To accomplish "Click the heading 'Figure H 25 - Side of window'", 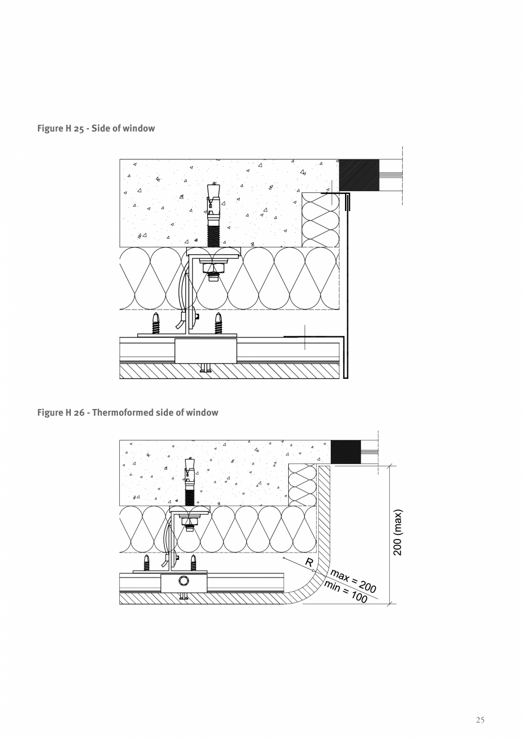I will tap(96, 128).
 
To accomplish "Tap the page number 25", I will tap(480, 720).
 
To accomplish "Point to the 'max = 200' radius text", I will tap(353, 580).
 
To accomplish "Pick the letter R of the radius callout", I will tap(309, 563).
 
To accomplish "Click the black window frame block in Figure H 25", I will tap(359, 175).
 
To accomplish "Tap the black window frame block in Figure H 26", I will tap(346, 452).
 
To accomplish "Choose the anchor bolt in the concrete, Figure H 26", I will tap(190, 481).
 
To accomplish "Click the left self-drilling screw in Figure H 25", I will tap(155, 323).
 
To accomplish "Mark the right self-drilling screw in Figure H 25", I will tap(218, 323).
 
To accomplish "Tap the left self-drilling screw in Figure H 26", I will tap(146, 563).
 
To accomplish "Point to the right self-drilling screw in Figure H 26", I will tap(193, 563).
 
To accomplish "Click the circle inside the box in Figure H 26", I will tap(184, 581).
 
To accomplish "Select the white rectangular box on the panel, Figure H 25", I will tap(205, 351).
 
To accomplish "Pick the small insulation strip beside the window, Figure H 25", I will tap(320, 220).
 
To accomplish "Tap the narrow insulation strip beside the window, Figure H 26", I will tap(302, 484).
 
